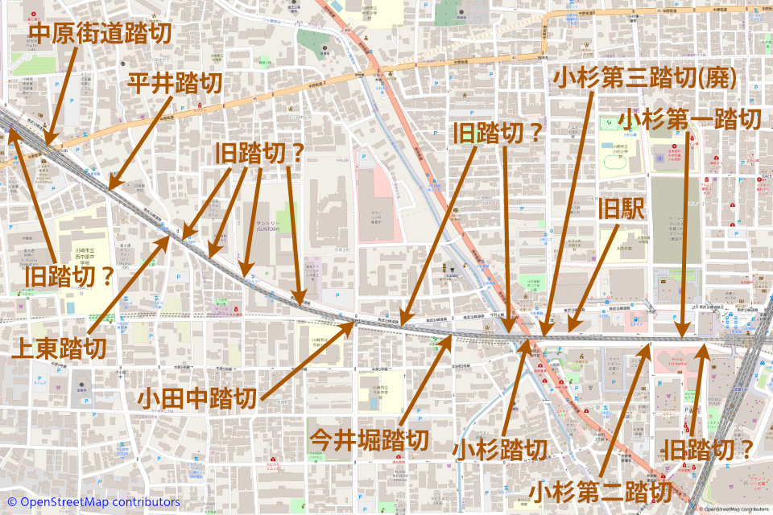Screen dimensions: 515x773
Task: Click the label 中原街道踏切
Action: pos(101,34)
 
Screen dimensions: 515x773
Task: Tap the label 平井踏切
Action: pos(175,83)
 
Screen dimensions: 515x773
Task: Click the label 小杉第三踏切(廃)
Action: pos(645,78)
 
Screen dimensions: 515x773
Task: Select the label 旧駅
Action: pos(621,211)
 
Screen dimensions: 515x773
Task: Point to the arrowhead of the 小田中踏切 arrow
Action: pos(354,323)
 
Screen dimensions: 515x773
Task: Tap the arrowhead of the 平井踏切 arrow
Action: pos(110,189)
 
